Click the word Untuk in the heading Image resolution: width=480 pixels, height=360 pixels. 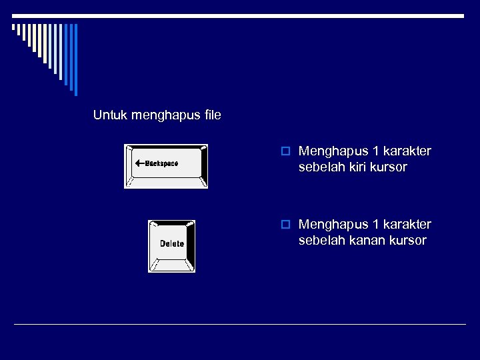[111, 115]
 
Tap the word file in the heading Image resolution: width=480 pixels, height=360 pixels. [213, 115]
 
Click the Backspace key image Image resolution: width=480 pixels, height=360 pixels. [166, 166]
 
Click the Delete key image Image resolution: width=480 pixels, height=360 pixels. [171, 246]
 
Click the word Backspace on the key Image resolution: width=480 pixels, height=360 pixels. [162, 163]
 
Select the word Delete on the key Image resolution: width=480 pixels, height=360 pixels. [171, 243]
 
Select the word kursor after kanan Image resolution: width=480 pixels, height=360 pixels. [405, 240]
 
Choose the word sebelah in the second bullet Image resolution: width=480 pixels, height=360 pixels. [319, 240]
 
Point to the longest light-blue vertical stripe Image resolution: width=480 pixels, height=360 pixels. [75, 60]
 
